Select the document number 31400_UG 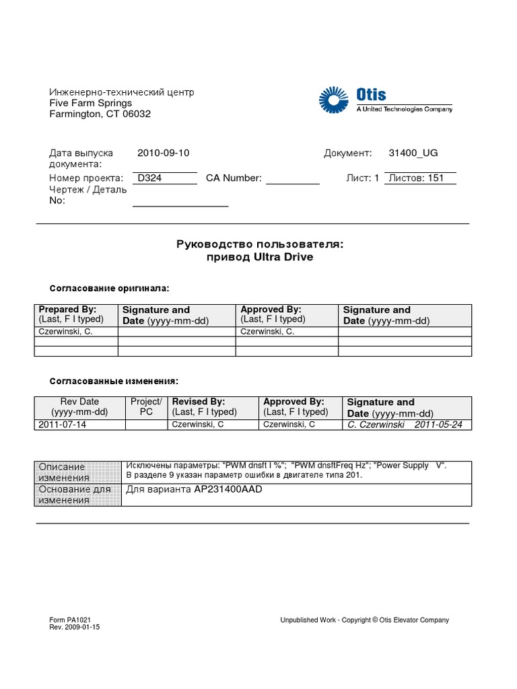pos(413,153)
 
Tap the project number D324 pos(149,178)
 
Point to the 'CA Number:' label pos(234,178)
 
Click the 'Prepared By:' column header pos(68,310)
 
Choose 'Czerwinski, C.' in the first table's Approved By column pos(267,332)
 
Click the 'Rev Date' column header pos(79,402)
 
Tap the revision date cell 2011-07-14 pos(63,425)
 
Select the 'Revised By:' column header pos(199,402)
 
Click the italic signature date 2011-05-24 pos(438,425)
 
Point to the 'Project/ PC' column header pos(146,406)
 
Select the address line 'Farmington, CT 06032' pos(100,114)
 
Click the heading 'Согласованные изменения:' pos(114,381)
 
